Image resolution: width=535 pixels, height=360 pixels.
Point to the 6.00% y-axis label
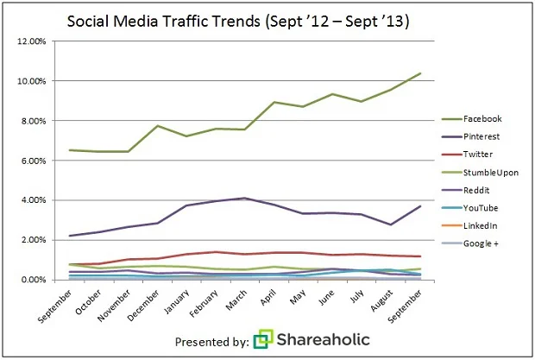pos(32,161)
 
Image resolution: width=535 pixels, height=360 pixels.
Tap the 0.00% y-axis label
pos(32,281)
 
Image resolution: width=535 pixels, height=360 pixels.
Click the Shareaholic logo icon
pos(262,339)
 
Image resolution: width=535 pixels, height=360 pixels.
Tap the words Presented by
pos(211,340)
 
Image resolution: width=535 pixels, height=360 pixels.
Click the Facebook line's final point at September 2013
pos(420,73)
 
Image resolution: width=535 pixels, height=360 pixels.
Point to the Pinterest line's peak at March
pos(245,199)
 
